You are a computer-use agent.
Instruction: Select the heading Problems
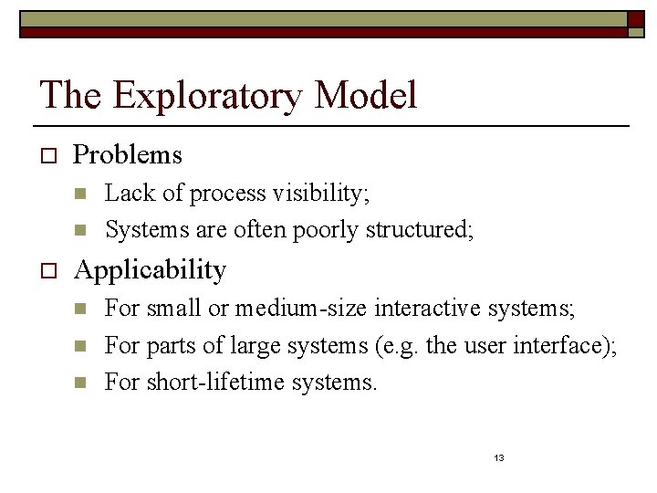pyautogui.click(x=128, y=155)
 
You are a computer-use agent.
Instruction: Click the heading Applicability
pyautogui.click(x=150, y=270)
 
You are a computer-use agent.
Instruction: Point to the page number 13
pyautogui.click(x=498, y=457)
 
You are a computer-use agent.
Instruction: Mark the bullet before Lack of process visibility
pyautogui.click(x=80, y=194)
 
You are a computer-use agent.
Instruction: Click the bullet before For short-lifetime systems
pyautogui.click(x=80, y=382)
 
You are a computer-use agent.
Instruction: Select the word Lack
pyautogui.click(x=124, y=194)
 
